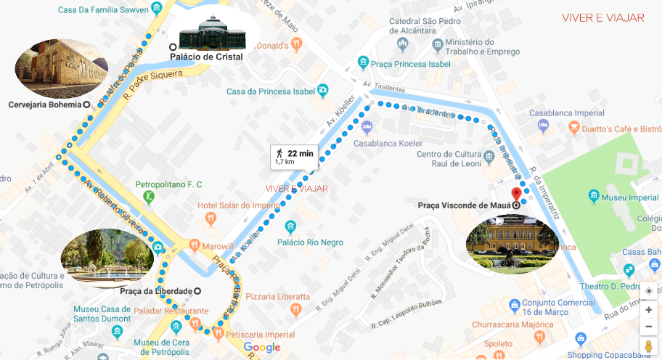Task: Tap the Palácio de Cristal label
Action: click(206, 57)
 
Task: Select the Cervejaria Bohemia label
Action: click(44, 105)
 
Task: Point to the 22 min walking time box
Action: click(294, 156)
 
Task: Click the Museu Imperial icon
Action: click(594, 197)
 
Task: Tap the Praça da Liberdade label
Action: click(156, 291)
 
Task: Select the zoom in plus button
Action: click(648, 310)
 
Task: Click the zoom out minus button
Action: click(648, 327)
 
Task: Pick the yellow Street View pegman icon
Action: click(648, 347)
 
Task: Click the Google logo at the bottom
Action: click(261, 348)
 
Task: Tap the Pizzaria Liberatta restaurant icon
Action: click(295, 310)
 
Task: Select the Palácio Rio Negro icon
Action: click(291, 227)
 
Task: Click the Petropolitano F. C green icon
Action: click(149, 197)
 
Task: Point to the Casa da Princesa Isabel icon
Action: click(323, 91)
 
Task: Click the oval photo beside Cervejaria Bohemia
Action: click(61, 69)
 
